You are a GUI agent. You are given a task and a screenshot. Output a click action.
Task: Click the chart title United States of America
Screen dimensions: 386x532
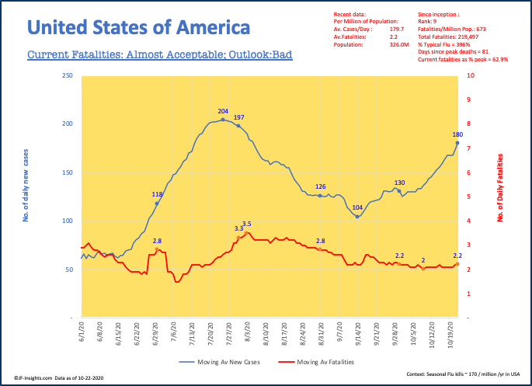[x=139, y=28]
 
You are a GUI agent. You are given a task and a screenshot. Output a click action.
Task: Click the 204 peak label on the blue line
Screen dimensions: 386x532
[x=223, y=111]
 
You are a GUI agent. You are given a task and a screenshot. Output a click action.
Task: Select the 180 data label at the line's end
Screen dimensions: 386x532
[x=457, y=134]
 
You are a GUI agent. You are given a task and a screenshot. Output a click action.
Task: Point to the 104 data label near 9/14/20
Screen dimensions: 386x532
[x=357, y=207]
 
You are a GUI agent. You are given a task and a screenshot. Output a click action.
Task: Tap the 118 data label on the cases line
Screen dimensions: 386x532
[x=157, y=194]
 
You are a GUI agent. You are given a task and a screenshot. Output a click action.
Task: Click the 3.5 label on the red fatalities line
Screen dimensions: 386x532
[x=247, y=224]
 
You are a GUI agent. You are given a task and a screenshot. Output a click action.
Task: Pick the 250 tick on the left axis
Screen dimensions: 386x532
[x=68, y=76]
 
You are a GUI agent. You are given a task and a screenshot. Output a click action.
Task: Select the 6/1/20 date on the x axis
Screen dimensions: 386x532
[x=82, y=336]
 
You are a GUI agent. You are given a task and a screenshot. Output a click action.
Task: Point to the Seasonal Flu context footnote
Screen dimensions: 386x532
[x=464, y=374]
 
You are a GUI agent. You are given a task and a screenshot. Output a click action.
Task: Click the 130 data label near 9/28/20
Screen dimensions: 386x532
[x=399, y=183]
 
